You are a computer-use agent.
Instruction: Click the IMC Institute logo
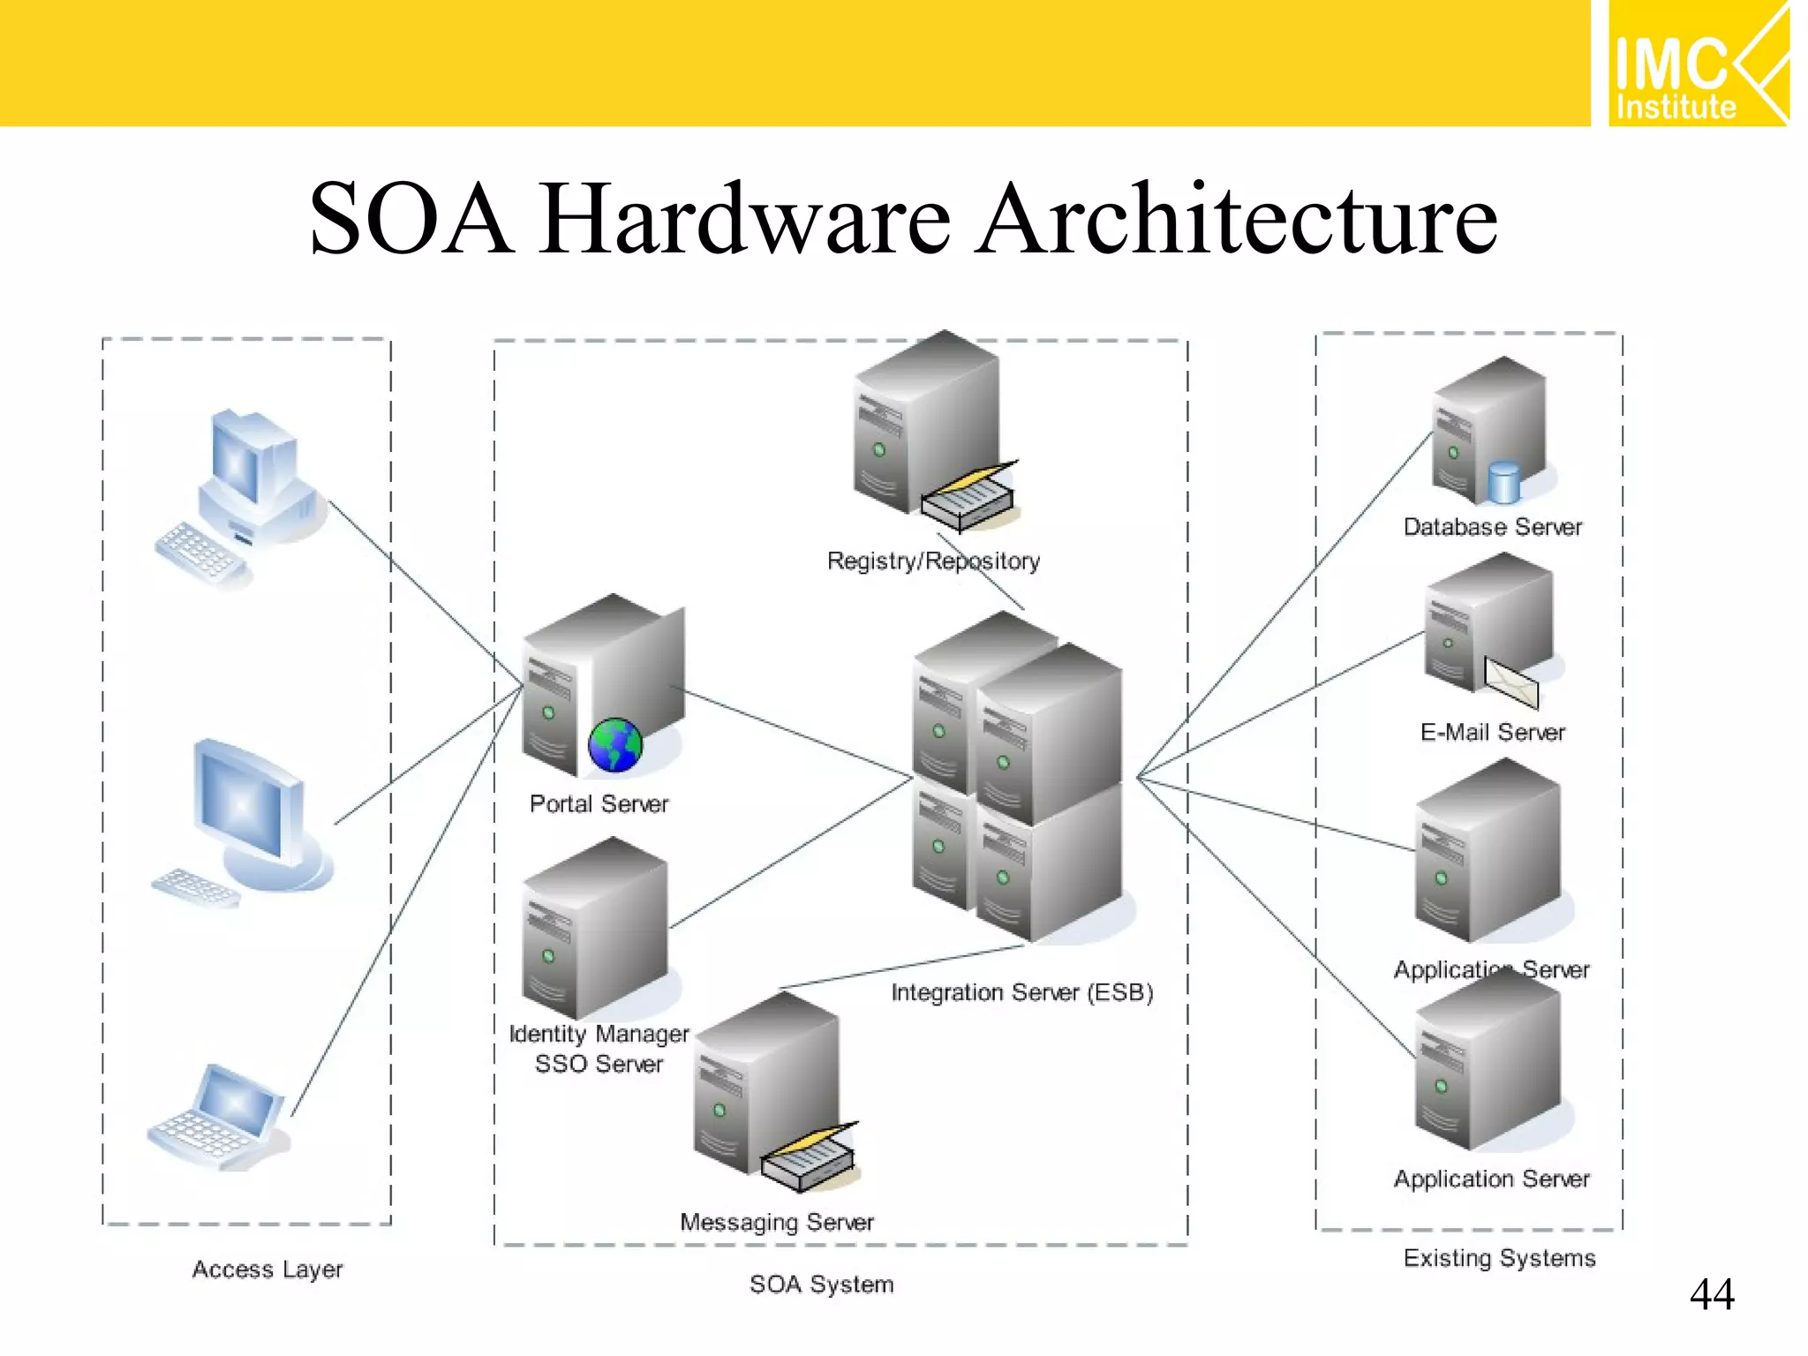[x=1697, y=64]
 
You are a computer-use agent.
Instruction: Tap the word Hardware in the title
[x=746, y=219]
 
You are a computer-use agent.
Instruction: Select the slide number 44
[x=1711, y=1294]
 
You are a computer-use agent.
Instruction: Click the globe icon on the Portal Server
[x=615, y=745]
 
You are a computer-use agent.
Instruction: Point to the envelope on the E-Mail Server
[x=1510, y=682]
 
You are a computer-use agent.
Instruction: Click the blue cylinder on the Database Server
[x=1503, y=483]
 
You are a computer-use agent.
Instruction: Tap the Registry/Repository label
[x=933, y=561]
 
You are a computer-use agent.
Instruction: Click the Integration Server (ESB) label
[x=1021, y=992]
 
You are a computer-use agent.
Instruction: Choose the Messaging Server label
[x=776, y=1222]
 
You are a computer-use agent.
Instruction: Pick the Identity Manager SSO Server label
[x=599, y=1049]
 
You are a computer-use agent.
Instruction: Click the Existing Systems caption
[x=1499, y=1258]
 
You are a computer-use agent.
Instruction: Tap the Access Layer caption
[x=267, y=1269]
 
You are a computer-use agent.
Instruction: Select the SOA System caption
[x=821, y=1284]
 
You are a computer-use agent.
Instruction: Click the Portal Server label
[x=599, y=804]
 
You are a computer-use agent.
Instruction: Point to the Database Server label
[x=1492, y=527]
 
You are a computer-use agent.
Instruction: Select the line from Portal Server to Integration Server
[x=795, y=734]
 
